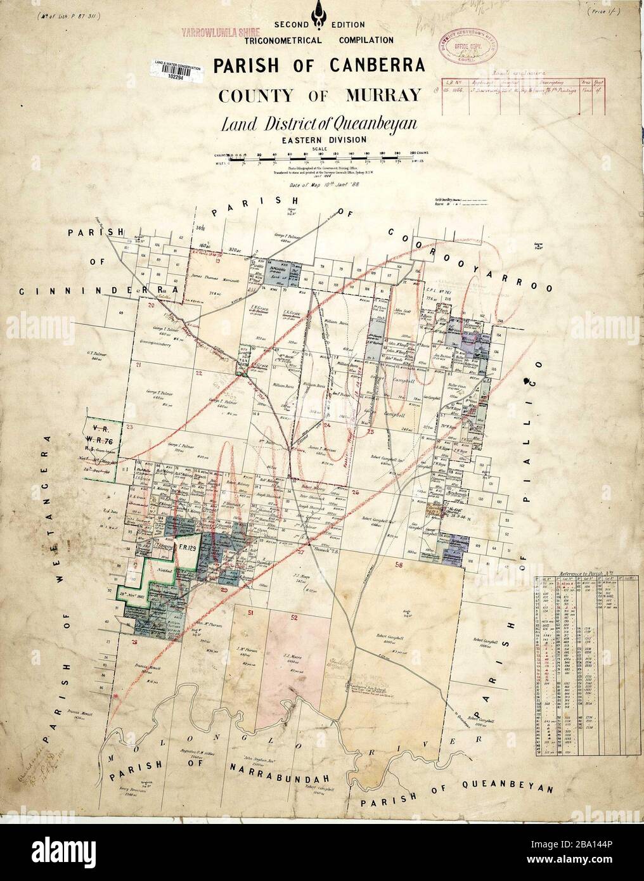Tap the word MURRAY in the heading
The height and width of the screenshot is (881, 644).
[x=382, y=96]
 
